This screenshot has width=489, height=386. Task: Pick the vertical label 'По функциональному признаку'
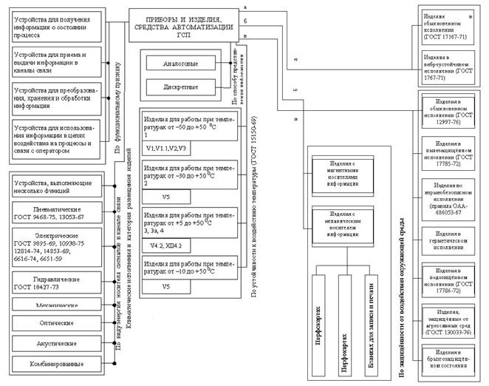point(117,96)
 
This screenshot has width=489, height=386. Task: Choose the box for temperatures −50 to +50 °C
point(189,127)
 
